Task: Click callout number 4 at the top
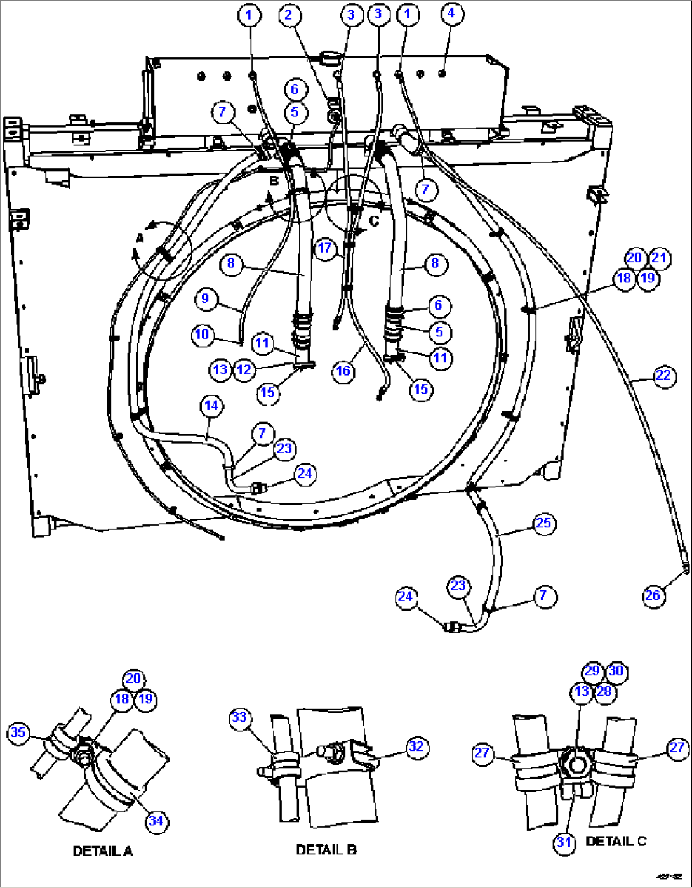[451, 13]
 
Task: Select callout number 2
[289, 14]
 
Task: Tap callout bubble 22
[663, 376]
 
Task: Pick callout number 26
[653, 595]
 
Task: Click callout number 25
[543, 524]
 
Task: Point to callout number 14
[211, 406]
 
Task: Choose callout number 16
[343, 371]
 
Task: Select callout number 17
[325, 248]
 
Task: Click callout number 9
[205, 298]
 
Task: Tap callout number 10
[202, 335]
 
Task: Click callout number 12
[244, 369]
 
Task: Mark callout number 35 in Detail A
[18, 732]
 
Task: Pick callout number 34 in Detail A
[156, 821]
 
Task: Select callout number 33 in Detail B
[239, 717]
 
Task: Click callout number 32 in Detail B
[416, 746]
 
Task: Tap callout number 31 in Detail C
[564, 843]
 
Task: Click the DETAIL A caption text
[103, 851]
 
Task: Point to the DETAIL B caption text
[326, 849]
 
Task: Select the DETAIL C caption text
[615, 841]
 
